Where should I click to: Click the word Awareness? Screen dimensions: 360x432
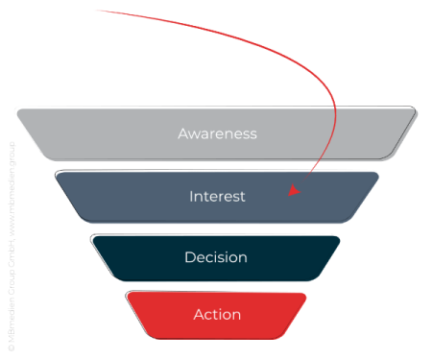(x=217, y=133)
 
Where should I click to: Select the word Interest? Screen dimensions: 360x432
(x=217, y=196)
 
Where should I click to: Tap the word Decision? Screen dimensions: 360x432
(x=216, y=257)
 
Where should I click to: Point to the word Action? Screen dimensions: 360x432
(x=217, y=314)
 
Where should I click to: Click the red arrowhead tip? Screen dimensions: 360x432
(x=291, y=195)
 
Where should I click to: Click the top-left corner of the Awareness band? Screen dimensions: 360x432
(x=17, y=109)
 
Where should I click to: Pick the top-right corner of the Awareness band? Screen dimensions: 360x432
(x=416, y=108)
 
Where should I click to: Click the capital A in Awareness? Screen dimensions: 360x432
(x=183, y=133)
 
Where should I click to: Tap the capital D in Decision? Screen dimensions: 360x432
(x=189, y=257)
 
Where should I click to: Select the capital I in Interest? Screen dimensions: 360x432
(x=191, y=196)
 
